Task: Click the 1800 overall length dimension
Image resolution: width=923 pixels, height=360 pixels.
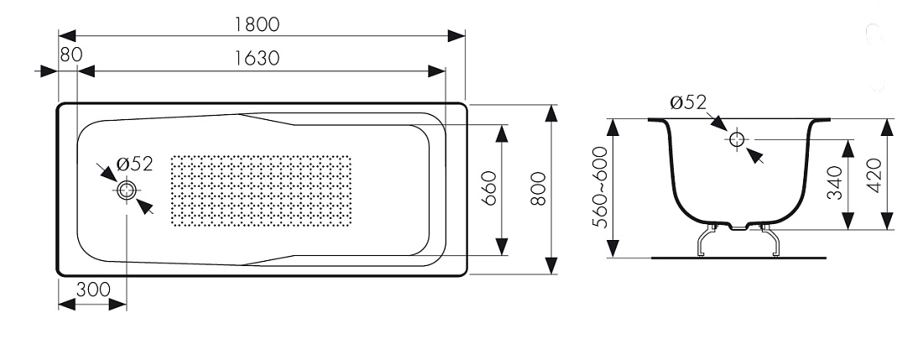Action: coord(257,24)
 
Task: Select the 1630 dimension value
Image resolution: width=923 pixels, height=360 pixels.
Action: coord(257,58)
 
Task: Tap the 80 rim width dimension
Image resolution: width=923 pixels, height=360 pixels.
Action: coord(71,55)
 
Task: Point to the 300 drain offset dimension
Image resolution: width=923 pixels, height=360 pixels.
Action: coord(93,290)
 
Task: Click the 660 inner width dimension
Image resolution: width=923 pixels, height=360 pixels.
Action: coord(489,188)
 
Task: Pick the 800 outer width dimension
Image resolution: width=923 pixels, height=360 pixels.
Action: coord(538,188)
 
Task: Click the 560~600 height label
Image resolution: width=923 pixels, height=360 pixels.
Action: coord(600,186)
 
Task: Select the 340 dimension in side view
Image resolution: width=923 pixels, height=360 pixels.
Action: coord(835,183)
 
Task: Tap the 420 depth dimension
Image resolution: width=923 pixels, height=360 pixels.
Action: coord(874,175)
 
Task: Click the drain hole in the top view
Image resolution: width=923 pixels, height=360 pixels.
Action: coord(127,190)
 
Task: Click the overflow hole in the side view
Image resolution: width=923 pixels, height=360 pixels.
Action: coord(737,139)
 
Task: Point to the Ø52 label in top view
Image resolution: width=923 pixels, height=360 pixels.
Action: coord(135,164)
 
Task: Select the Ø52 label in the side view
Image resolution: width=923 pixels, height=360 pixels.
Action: coord(687,102)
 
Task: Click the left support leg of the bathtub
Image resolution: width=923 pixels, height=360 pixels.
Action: coord(705,241)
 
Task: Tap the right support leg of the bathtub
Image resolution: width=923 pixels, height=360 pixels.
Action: coord(770,241)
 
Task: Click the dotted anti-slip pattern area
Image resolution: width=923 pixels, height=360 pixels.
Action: coord(261,190)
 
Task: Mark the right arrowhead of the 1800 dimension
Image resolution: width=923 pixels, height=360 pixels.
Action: coord(456,36)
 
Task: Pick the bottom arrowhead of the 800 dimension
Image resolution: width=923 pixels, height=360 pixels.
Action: coord(551,265)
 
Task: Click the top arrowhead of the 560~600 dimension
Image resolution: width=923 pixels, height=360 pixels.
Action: coord(613,128)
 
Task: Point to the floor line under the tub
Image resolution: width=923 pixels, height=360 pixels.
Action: coord(738,258)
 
